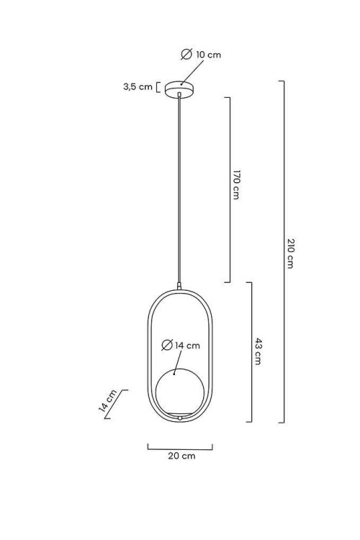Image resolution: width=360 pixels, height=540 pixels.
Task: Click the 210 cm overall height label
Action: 290,253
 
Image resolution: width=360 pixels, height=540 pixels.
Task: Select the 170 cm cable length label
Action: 236,184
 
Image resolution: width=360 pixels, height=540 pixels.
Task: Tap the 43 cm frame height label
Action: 258,351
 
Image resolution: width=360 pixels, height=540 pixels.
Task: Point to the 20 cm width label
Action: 181,456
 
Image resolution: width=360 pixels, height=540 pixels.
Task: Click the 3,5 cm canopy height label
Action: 138,86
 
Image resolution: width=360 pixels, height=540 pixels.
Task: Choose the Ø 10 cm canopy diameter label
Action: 201,55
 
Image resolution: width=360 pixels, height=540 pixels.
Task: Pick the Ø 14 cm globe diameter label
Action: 181,345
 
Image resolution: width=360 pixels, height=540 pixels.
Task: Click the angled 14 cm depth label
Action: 108,401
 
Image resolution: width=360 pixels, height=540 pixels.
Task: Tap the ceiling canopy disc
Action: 179,89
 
